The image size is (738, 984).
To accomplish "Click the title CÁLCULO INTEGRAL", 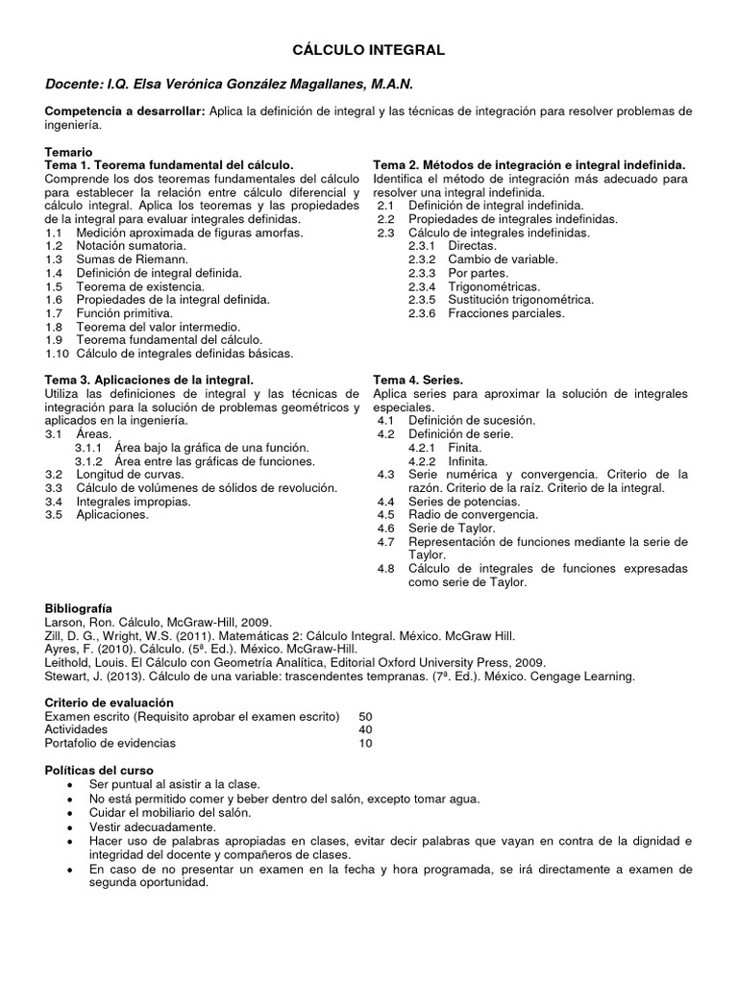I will pyautogui.click(x=369, y=49).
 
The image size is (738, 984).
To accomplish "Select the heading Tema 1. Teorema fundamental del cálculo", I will pyautogui.click(x=169, y=165).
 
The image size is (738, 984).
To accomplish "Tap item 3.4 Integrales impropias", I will pyautogui.click(x=134, y=502).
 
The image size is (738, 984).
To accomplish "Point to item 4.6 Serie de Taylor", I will pyautogui.click(x=452, y=529).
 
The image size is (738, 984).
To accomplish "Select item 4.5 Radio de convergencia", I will pyautogui.click(x=472, y=515).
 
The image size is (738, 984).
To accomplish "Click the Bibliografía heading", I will pyautogui.click(x=79, y=608).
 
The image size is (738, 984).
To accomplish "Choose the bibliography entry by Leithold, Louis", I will pyautogui.click(x=295, y=662).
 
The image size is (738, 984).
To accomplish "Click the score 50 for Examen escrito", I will pyautogui.click(x=365, y=716).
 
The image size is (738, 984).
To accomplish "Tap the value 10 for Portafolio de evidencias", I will pyautogui.click(x=365, y=743).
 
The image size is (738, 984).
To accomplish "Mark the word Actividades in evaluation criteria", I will pyautogui.click(x=76, y=729).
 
